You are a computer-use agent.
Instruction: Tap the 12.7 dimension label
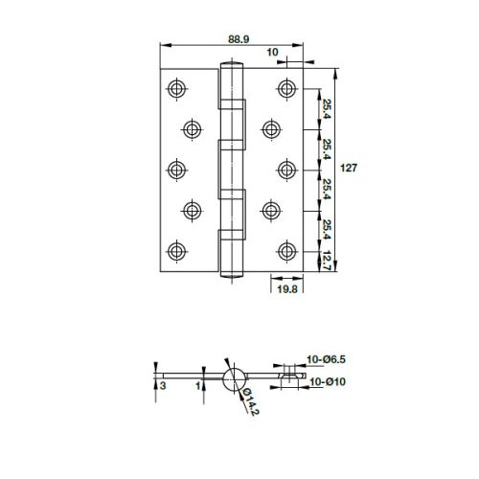(326, 260)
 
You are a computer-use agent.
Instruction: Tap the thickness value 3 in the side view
(164, 385)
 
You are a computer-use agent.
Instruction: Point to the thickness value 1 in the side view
(196, 385)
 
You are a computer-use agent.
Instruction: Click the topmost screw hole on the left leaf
(175, 88)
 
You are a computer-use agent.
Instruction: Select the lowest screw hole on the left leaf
(175, 251)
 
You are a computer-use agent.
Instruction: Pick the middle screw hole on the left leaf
(175, 170)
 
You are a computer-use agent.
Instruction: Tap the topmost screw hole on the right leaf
(285, 88)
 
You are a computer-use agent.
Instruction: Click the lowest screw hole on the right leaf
(285, 251)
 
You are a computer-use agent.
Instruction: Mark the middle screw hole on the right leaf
(285, 170)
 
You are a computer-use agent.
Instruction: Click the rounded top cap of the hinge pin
(230, 66)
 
